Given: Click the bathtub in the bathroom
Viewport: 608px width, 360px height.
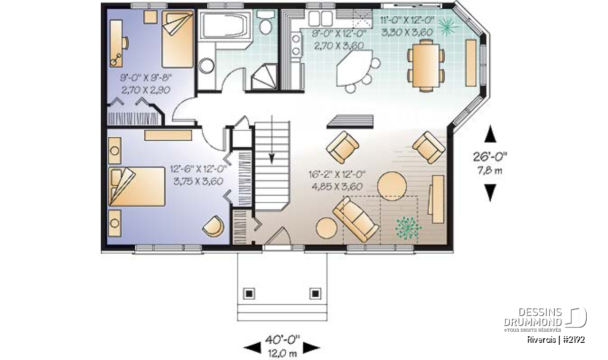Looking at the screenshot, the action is click(x=225, y=25).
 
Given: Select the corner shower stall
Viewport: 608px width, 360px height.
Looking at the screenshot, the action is click(x=264, y=76).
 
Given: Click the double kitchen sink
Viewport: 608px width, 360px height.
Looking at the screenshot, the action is click(x=320, y=18).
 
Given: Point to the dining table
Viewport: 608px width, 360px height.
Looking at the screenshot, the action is click(x=425, y=66).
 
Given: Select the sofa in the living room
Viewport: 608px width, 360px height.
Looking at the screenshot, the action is click(x=355, y=219).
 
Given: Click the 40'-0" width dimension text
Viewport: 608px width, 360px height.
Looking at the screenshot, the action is click(x=282, y=339).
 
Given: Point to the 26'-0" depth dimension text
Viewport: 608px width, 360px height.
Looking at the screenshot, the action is click(x=490, y=157).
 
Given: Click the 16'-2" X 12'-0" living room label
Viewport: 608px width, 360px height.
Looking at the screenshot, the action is click(x=337, y=174).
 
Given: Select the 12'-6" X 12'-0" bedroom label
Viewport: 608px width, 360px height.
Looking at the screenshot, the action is click(x=199, y=169).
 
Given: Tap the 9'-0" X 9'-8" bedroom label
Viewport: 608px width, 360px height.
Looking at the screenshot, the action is click(x=146, y=78).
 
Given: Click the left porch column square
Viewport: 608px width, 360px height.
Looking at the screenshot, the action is click(x=249, y=294).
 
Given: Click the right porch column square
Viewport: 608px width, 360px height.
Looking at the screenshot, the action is click(x=315, y=294).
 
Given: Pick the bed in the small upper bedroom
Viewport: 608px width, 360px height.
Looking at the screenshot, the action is click(x=178, y=39).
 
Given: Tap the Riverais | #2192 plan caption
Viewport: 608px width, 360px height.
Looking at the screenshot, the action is click(x=556, y=340).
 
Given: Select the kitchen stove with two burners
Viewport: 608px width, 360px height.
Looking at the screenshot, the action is click(x=296, y=45).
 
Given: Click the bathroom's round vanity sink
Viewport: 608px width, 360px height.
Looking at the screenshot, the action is click(x=206, y=66).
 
